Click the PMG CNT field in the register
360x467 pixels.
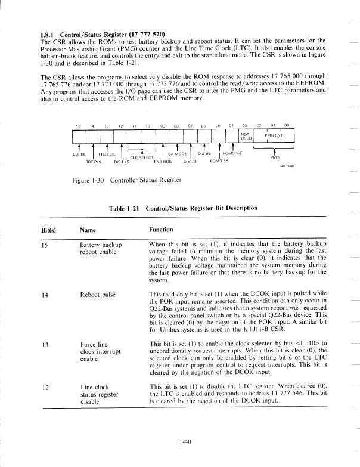click(274, 135)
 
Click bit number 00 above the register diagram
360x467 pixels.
click(286, 126)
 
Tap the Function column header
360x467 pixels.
click(161, 230)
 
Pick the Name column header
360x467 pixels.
click(86, 230)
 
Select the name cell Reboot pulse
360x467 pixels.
click(99, 294)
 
